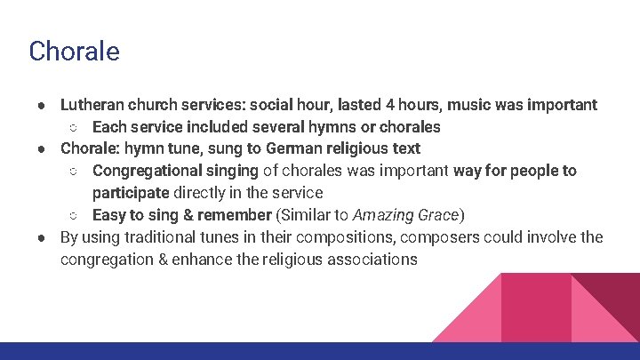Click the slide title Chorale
tap(74, 52)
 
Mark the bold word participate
tap(130, 193)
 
